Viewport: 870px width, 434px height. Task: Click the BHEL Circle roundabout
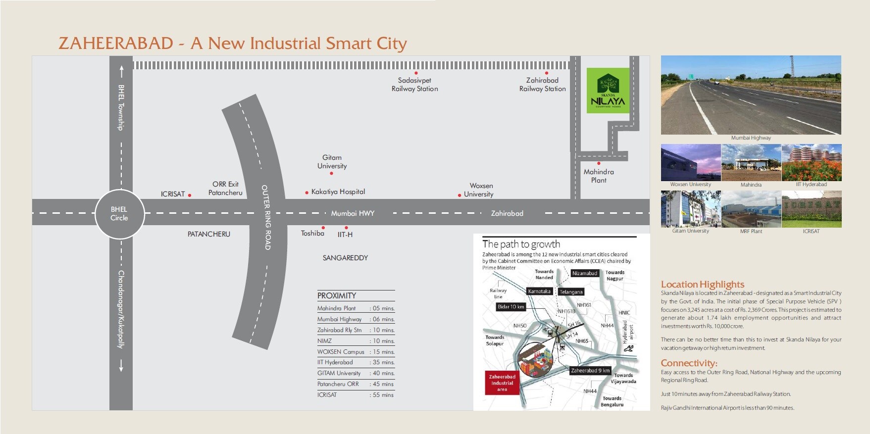coord(119,214)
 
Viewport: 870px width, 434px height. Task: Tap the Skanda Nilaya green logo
coord(608,91)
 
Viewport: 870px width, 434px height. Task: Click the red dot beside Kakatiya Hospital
coord(307,193)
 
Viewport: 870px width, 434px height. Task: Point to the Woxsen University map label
coord(479,190)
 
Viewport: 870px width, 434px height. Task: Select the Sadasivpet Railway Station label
coord(415,85)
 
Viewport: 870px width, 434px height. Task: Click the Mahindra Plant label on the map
coord(599,176)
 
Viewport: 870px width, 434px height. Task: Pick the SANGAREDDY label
coord(345,258)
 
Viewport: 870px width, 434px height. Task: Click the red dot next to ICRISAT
coord(190,195)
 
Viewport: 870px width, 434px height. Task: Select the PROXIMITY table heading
coord(337,295)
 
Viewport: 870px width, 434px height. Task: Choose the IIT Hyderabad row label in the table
coord(335,362)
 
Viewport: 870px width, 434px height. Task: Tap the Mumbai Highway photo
coord(751,95)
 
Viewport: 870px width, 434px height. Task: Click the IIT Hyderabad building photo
coord(811,162)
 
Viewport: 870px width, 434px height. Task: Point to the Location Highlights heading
coord(702,284)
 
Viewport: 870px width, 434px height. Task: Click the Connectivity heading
coord(689,363)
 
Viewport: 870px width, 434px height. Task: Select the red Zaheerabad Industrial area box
coord(502,383)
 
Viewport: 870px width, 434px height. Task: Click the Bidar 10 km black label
coord(511,307)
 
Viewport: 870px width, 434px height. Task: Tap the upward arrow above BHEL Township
coord(121,71)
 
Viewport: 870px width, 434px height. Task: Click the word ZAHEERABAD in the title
coord(116,44)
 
